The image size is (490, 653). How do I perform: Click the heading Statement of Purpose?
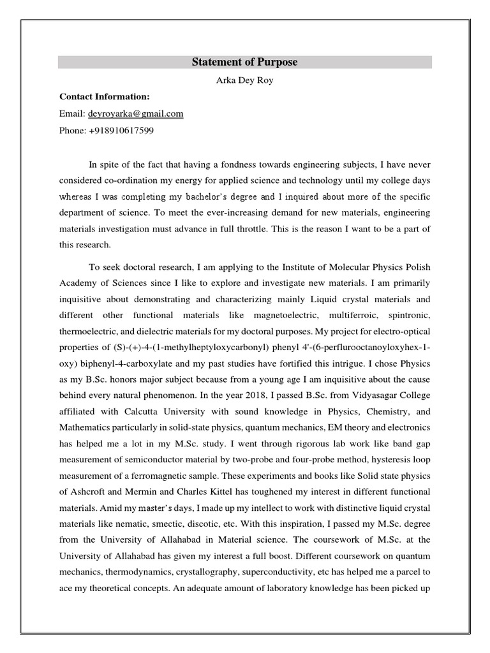(x=245, y=62)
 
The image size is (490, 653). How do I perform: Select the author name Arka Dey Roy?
(x=245, y=80)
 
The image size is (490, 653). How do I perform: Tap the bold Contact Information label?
(x=105, y=96)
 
